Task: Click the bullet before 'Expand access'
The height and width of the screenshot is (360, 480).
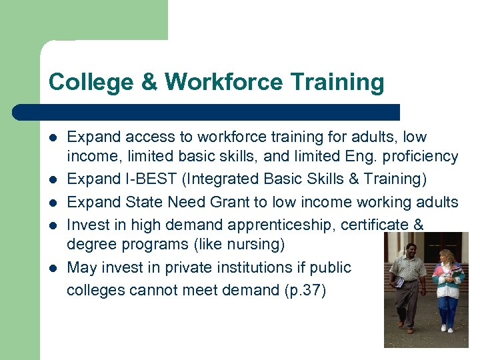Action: [x=53, y=137]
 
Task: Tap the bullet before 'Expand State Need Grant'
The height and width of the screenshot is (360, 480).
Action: [x=53, y=203]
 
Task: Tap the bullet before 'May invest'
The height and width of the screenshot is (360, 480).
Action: [x=53, y=268]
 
